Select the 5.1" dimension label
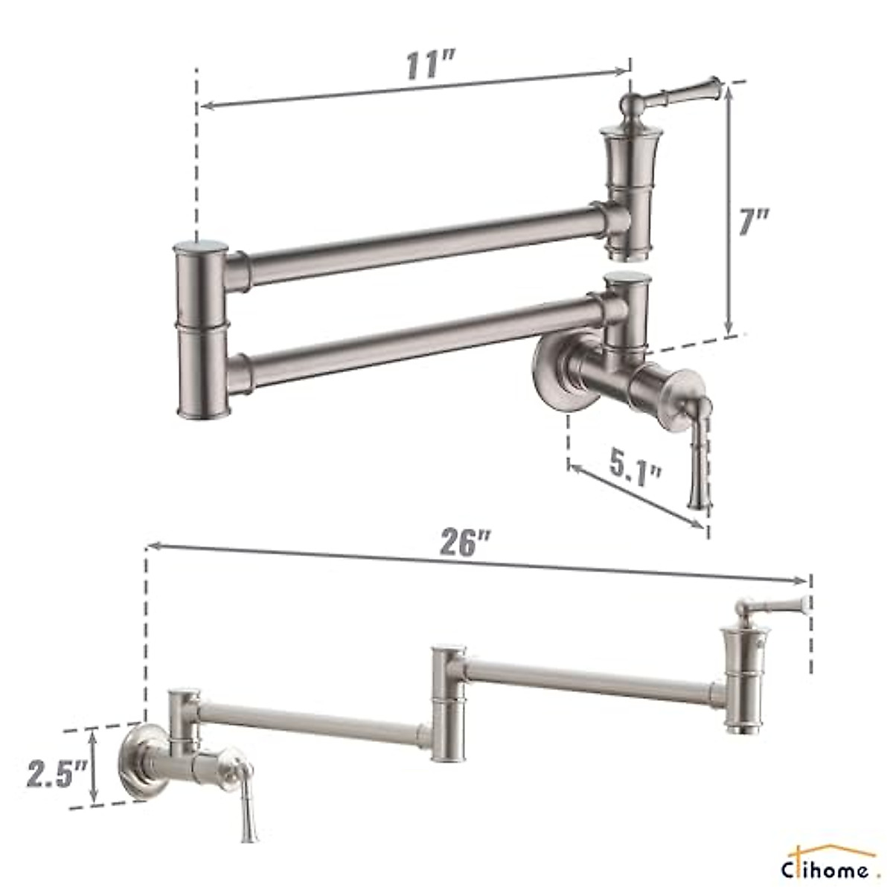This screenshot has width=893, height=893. pyautogui.click(x=634, y=467)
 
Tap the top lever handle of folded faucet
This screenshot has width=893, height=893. pyautogui.click(x=677, y=94)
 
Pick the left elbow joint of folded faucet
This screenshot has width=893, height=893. pyautogui.click(x=202, y=327)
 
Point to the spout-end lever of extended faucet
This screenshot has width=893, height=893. pyautogui.click(x=774, y=606)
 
